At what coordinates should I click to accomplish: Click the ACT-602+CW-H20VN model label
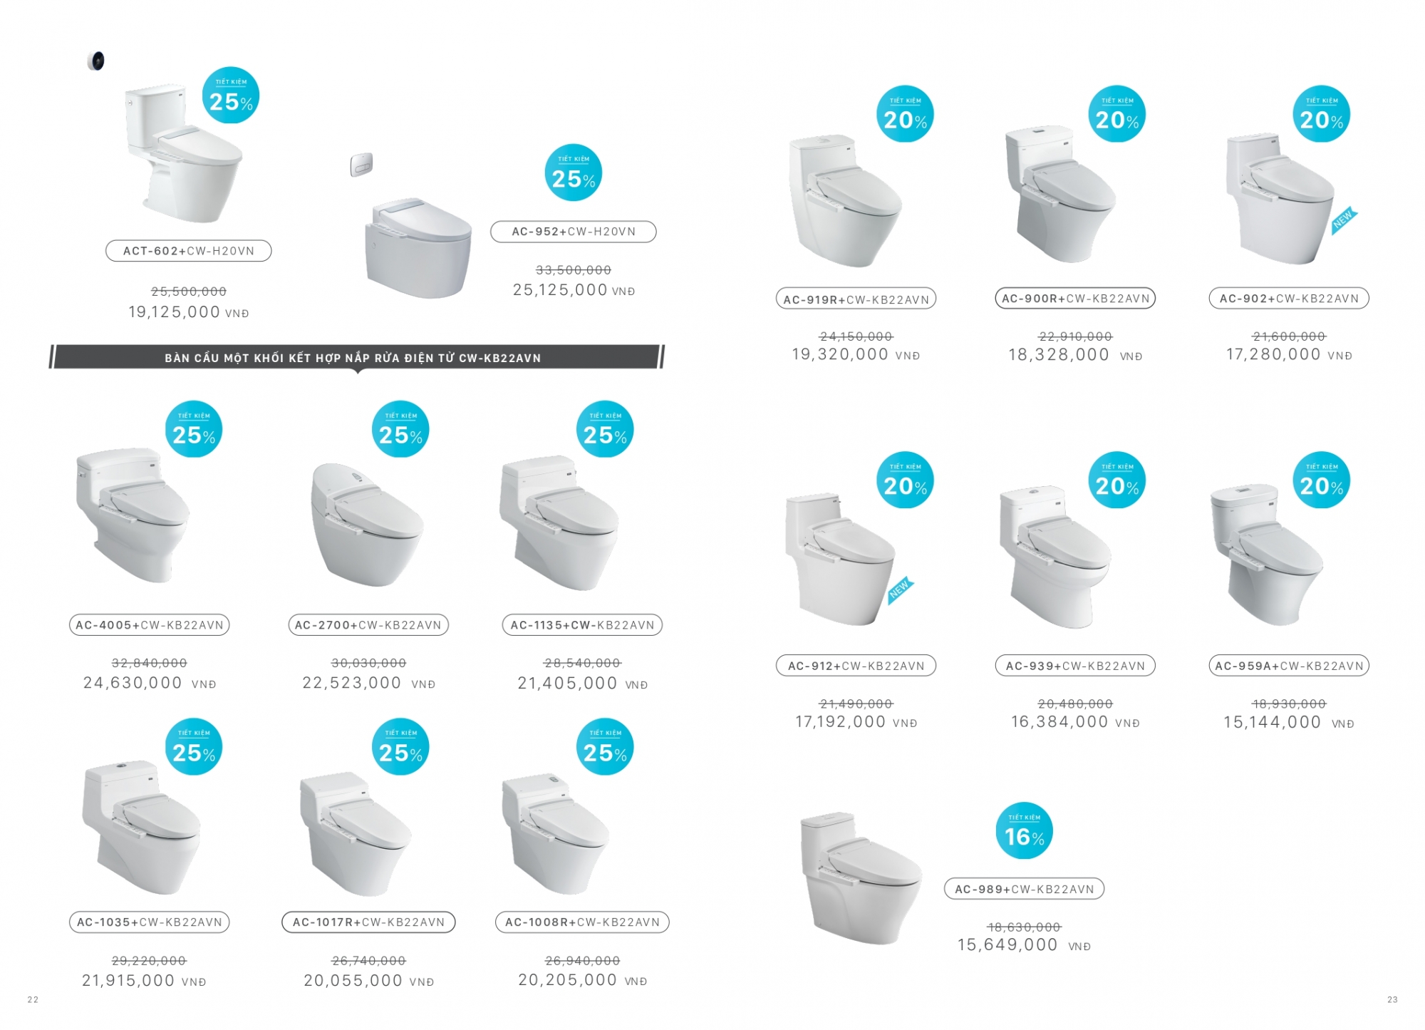point(189,251)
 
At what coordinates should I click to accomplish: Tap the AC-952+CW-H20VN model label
point(574,232)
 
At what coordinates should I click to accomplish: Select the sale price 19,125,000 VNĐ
point(189,312)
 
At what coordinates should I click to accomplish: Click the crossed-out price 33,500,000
point(574,270)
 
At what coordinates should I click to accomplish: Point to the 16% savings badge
point(1024,831)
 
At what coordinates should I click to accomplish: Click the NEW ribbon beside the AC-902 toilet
point(1344,221)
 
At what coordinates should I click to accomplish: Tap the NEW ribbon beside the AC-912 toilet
point(901,591)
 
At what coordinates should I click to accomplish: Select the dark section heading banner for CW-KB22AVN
point(356,357)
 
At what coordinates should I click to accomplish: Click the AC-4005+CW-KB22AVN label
point(149,625)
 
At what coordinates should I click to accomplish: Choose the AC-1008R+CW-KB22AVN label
point(582,922)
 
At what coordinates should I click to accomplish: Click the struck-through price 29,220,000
point(149,961)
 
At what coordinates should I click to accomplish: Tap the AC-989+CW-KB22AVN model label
point(1024,889)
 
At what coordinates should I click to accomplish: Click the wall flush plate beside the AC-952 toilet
point(361,165)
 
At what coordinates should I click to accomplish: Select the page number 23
point(1392,1000)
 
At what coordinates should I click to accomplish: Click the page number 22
point(33,1000)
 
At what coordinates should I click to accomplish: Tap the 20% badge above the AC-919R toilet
point(905,115)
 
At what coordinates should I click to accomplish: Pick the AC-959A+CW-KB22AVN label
point(1289,666)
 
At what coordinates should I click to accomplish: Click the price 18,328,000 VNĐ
point(1075,355)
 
